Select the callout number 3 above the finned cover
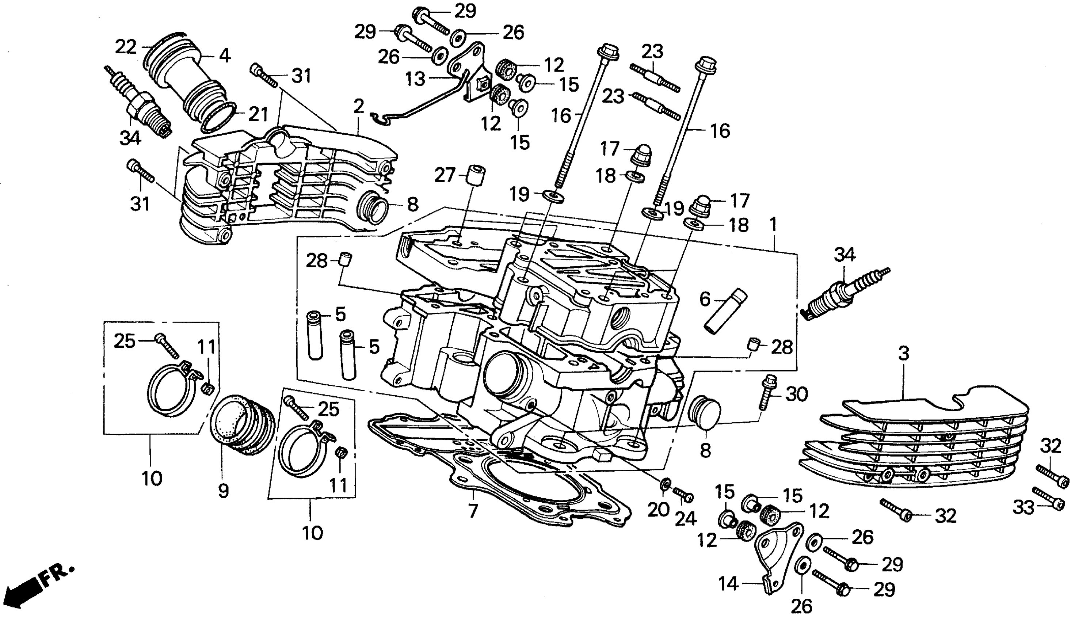pyautogui.click(x=904, y=354)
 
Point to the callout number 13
pyautogui.click(x=415, y=79)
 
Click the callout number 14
pyautogui.click(x=728, y=583)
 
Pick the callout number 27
pyautogui.click(x=445, y=175)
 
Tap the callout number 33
pyautogui.click(x=1023, y=507)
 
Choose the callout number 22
pyautogui.click(x=126, y=46)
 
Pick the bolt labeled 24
pyautogui.click(x=683, y=495)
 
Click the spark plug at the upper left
pyautogui.click(x=141, y=107)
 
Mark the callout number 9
pyautogui.click(x=224, y=491)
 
